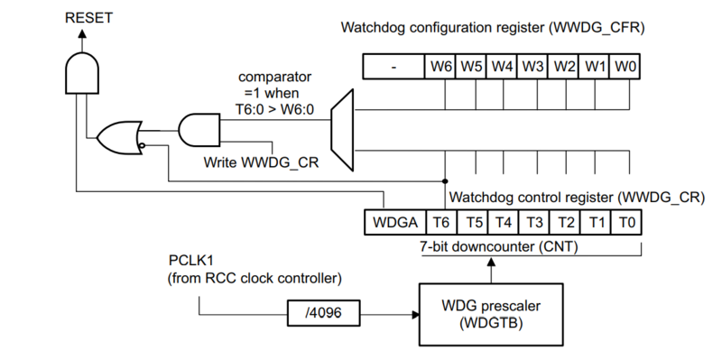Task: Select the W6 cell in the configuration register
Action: (x=440, y=67)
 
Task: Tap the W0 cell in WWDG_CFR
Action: (x=625, y=67)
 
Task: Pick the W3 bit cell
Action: (x=532, y=67)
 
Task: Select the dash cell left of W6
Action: (x=393, y=67)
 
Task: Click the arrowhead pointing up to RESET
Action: (x=82, y=33)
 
